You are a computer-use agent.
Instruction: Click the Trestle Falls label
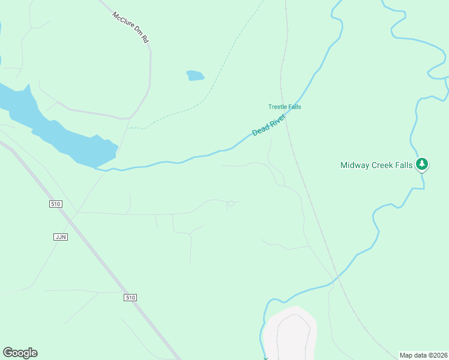tap(285, 107)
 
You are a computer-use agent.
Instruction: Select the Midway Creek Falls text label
tap(376, 165)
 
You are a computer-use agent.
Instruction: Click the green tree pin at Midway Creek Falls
tap(422, 164)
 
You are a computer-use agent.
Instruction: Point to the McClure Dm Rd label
tap(130, 27)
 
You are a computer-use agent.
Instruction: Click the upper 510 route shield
tap(56, 204)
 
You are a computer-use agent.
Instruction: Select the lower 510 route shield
tap(131, 298)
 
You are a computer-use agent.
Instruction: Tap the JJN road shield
tap(60, 237)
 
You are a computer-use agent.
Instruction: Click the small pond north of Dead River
tap(195, 76)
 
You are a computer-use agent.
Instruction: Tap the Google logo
tap(20, 353)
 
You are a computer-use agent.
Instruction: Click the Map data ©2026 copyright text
tap(424, 355)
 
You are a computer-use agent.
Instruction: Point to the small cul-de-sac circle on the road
tap(231, 205)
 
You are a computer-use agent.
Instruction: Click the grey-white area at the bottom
tap(291, 336)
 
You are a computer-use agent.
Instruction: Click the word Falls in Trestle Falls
tap(294, 107)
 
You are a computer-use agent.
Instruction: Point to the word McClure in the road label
tap(122, 19)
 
